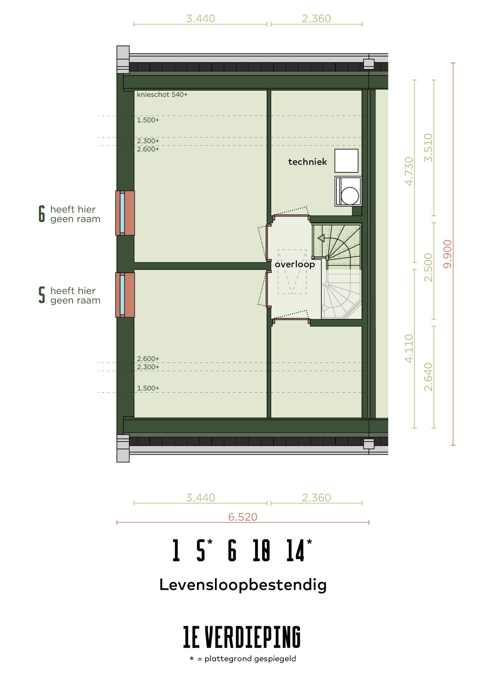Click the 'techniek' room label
coord(307,162)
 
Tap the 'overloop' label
coord(294,264)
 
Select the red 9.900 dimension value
coord(447,254)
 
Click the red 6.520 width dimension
coord(243,517)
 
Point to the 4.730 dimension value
coord(409,171)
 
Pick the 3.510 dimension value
coord(428,148)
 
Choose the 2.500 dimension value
coord(428,267)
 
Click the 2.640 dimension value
coord(428,377)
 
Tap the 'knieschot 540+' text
coord(162,95)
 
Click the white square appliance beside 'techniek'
coord(346,161)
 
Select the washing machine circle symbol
coord(350,195)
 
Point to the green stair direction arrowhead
coord(321,238)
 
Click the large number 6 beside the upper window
coord(42,214)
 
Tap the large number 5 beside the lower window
coord(42,295)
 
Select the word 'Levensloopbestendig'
coord(243,585)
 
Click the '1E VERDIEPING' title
coord(242,637)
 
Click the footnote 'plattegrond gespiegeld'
coord(250,659)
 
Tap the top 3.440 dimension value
coord(200,18)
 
